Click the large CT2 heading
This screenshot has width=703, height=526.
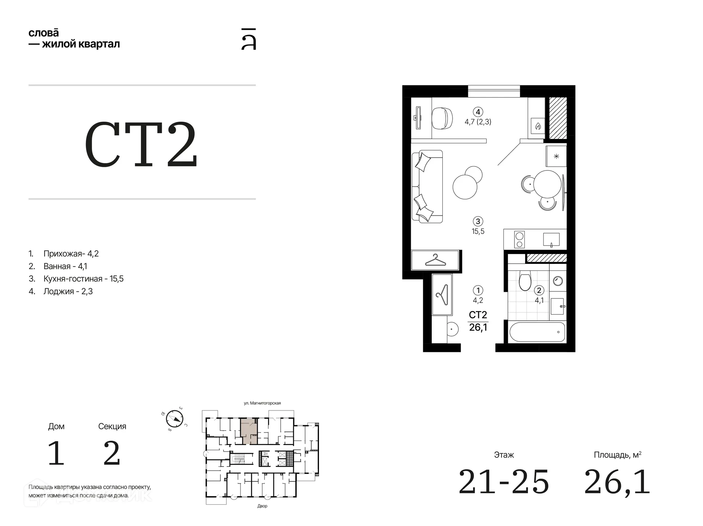click(141, 144)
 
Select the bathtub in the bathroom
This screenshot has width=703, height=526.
click(537, 332)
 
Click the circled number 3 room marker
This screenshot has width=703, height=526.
click(478, 221)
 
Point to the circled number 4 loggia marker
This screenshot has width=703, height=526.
click(478, 112)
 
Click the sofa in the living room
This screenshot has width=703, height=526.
click(427, 187)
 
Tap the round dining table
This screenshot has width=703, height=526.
click(547, 184)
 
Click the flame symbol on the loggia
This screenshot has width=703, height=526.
click(538, 126)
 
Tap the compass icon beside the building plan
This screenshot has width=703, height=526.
click(174, 419)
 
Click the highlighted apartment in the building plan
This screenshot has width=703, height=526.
click(249, 431)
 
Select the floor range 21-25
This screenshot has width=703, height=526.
click(504, 482)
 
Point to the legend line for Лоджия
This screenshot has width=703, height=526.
click(61, 291)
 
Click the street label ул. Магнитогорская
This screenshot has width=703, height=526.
click(262, 403)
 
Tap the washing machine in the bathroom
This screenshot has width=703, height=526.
click(558, 281)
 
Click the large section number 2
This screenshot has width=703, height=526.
click(112, 453)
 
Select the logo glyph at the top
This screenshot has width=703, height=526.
click(249, 39)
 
